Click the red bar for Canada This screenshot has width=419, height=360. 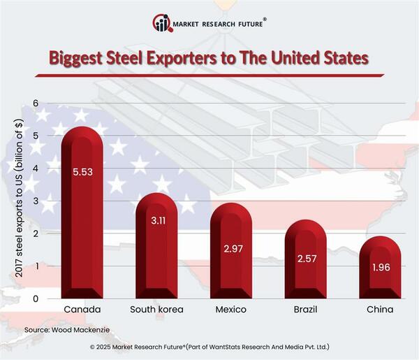pyautogui.click(x=81, y=224)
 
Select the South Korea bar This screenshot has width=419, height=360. pyautogui.click(x=156, y=252)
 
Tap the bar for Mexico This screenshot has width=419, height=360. pyautogui.click(x=231, y=259)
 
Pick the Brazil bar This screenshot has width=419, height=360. pyautogui.click(x=306, y=266)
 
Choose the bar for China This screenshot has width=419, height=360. pyautogui.click(x=381, y=273)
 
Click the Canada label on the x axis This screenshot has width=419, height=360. pyautogui.click(x=81, y=309)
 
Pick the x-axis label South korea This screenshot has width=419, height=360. pyautogui.click(x=156, y=309)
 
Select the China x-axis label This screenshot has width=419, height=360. pyautogui.click(x=381, y=309)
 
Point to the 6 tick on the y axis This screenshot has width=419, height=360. pyautogui.click(x=35, y=103)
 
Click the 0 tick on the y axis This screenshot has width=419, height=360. pyautogui.click(x=35, y=298)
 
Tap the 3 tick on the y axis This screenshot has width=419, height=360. pyautogui.click(x=35, y=201)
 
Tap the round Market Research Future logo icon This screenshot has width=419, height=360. pyautogui.click(x=162, y=23)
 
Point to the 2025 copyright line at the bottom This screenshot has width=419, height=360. pyautogui.click(x=209, y=347)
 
